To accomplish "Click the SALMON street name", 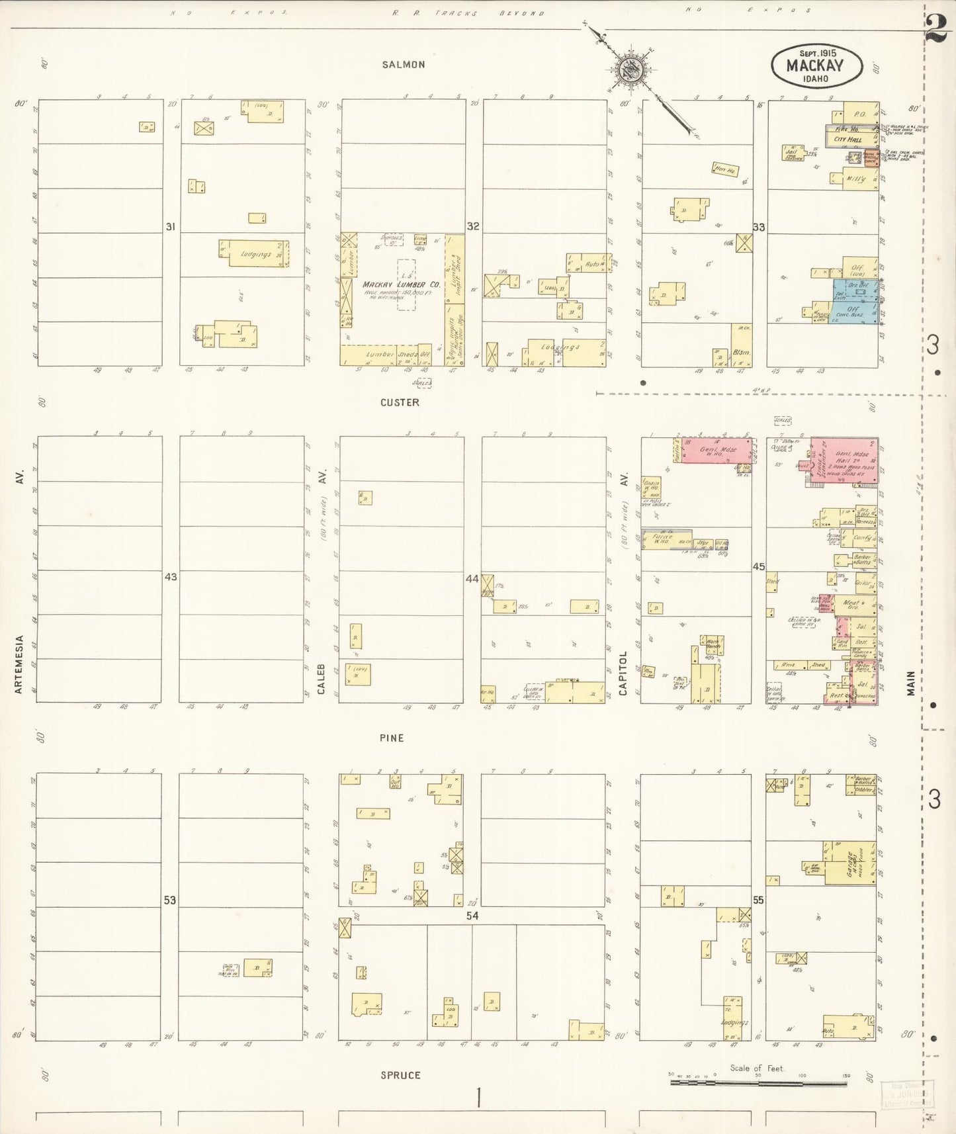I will click(x=403, y=65).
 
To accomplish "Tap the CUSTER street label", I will click(x=400, y=402).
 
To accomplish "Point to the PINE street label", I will click(x=392, y=738).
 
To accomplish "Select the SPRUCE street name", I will click(x=400, y=1075).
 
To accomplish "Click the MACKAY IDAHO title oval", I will click(x=816, y=65).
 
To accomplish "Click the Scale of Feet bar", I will click(x=758, y=1083).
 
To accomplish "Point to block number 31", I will click(x=171, y=227).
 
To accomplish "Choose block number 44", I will click(x=472, y=579).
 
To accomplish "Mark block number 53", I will click(x=171, y=900).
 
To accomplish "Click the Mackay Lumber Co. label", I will click(x=402, y=285).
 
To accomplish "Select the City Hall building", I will click(x=848, y=140).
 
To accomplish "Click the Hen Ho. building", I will click(x=724, y=169).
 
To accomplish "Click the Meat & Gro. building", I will click(x=853, y=604).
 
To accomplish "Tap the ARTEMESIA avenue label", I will click(x=19, y=664).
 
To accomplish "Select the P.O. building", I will click(x=860, y=114).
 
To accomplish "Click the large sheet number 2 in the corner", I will click(x=937, y=28).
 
